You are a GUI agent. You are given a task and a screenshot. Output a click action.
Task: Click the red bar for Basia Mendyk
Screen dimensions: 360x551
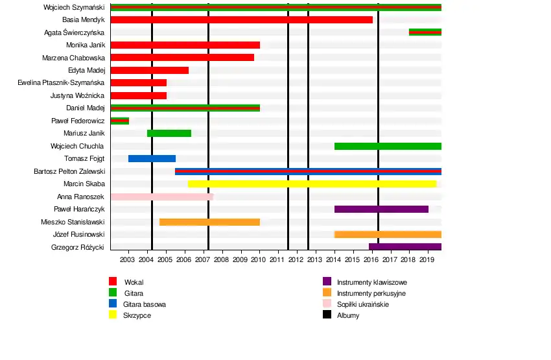(x=241, y=19)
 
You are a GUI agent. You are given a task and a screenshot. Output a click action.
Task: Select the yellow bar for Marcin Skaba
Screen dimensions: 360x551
(x=312, y=184)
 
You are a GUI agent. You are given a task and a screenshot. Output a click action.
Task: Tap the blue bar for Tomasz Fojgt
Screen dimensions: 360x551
(x=152, y=158)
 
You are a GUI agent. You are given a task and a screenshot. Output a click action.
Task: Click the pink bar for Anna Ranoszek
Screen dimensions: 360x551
(x=161, y=197)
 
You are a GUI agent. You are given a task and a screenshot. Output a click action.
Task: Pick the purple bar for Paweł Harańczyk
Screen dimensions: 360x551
(x=381, y=209)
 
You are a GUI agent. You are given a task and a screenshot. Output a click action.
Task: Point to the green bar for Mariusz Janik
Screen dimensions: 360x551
(x=169, y=133)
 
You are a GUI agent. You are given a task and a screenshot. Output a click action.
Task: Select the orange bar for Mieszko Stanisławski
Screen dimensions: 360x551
(x=209, y=222)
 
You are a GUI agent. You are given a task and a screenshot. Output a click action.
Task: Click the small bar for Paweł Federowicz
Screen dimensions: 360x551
(x=120, y=121)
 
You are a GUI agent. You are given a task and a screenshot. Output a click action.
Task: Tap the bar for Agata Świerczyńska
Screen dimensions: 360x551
(x=425, y=32)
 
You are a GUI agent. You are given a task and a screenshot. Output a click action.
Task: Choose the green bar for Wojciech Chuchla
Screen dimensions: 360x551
(x=388, y=146)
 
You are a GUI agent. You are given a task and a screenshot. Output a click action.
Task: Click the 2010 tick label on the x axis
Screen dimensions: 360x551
(x=259, y=259)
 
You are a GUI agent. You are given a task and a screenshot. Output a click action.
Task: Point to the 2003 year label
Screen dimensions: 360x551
(x=127, y=259)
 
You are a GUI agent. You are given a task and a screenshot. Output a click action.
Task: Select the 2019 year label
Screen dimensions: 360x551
(x=427, y=259)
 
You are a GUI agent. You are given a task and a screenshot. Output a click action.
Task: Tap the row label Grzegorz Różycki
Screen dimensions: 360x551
(x=78, y=247)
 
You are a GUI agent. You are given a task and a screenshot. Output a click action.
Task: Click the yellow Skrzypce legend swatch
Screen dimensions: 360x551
(x=112, y=315)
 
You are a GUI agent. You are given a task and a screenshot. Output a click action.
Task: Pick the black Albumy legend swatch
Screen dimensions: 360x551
(x=327, y=315)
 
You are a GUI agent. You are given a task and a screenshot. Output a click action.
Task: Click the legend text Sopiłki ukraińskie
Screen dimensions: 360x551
(x=363, y=304)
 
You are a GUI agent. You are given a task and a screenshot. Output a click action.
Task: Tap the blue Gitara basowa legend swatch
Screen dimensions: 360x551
(x=112, y=304)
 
